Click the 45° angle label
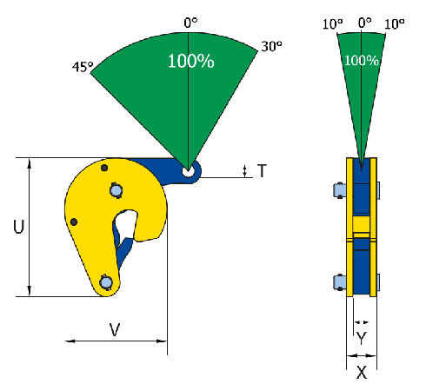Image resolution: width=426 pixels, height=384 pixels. pos(83,67)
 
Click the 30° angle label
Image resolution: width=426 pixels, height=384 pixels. pos(271,46)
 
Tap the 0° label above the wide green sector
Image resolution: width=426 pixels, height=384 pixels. pos(190,23)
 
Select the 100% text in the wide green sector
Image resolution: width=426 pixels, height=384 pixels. pos(191,61)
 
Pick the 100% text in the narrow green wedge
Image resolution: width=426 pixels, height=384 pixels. pos(362,61)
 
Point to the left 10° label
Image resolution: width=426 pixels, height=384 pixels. pos(333,24)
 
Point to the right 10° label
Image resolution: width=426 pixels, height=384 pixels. pos(395,24)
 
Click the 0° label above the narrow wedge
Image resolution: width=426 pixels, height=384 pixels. pos(364,23)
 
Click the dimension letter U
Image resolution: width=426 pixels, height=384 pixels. pos(19,227)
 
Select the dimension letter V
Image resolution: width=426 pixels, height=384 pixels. pos(115,329)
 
